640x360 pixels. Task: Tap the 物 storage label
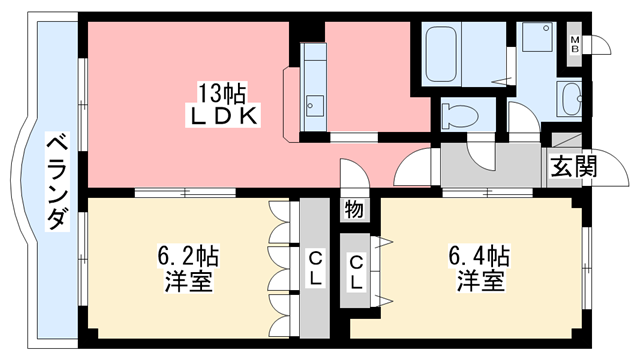point(354,209)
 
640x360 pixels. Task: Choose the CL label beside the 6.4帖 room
point(356,271)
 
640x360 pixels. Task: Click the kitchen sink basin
point(315,103)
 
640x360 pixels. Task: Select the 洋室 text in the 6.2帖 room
point(187,281)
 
